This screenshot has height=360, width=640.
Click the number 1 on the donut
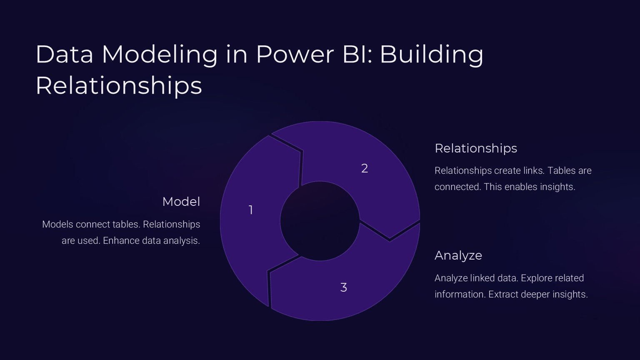coord(251,210)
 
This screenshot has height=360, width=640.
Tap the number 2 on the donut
coord(365,168)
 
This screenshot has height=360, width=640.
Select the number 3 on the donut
coord(344,287)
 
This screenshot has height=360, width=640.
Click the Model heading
coord(181,202)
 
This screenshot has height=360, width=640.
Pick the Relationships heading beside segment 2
coord(476,148)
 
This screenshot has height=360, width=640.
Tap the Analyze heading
coord(458,255)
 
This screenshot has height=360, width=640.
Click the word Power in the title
coord(295,54)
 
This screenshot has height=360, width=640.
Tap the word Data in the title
coord(65,54)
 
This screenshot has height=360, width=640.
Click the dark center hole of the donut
coord(320,221)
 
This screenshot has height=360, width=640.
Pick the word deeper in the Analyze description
coord(535,295)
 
